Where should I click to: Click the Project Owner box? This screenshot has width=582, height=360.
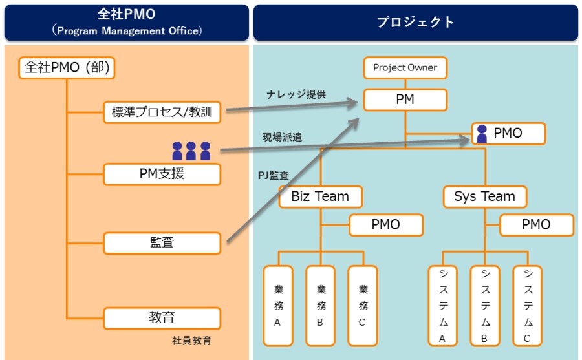point(405,67)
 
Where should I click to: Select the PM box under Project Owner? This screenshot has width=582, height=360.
point(405,100)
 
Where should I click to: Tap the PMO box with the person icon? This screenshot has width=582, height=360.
point(508,134)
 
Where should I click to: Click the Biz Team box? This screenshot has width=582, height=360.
point(321,196)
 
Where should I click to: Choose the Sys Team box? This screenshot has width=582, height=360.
point(485,196)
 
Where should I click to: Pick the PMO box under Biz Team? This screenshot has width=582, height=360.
point(386,225)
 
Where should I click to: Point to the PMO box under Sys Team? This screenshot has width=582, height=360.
point(536,225)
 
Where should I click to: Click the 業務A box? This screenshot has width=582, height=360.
point(277,305)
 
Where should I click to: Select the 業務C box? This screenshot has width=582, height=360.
point(362,305)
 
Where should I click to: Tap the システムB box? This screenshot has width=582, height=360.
point(485,305)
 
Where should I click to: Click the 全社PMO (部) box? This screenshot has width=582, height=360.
point(67,67)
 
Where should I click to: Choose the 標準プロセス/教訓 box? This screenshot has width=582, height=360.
point(162,112)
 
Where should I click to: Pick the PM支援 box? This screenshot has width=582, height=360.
point(162,174)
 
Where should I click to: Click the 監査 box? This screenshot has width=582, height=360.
point(162,243)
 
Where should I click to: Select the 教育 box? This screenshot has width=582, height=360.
point(162,318)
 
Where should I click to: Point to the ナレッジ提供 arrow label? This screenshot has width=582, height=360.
point(296,94)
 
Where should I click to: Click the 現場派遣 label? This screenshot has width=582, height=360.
point(282,137)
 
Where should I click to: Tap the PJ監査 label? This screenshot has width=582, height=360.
point(274,175)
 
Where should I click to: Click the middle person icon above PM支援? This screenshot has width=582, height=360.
point(191,151)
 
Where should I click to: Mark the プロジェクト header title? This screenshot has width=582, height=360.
point(416,23)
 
